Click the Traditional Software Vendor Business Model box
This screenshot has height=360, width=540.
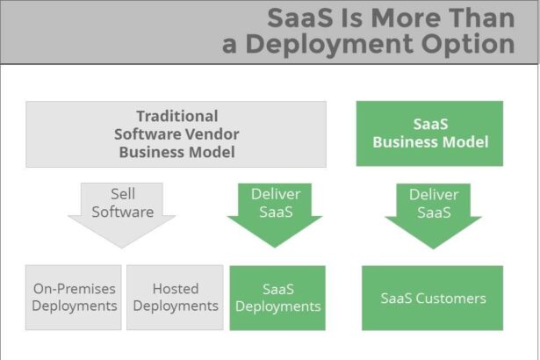pos(176,133)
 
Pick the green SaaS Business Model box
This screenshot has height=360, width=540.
pos(429,133)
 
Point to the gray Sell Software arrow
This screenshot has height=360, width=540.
pos(121,212)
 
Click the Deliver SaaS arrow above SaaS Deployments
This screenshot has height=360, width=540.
pos(275,212)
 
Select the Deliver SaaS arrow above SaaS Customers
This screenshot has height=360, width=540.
pos(433,212)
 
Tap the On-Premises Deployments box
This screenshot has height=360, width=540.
pos(74,298)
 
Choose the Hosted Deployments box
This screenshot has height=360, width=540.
pos(175,298)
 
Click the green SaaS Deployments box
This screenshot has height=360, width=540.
pos(277,298)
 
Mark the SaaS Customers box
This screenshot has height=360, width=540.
pos(433,298)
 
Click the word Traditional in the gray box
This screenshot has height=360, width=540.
pos(176,117)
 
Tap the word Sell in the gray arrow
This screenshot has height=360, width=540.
pos(122,194)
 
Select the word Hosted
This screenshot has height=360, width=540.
pos(175,289)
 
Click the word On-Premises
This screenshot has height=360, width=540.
pos(74,289)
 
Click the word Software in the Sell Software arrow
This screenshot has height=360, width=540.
pos(122,212)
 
